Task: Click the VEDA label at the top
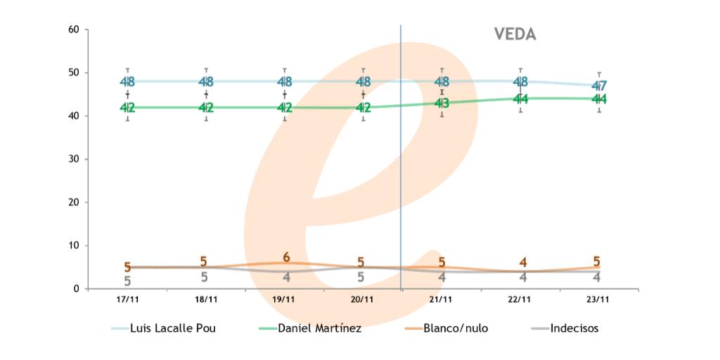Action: pos(515,34)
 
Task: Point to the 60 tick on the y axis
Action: pos(73,30)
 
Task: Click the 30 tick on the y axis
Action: pos(73,159)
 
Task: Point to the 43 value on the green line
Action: pos(442,103)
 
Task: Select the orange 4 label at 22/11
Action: pos(522,262)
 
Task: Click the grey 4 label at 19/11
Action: pos(285,277)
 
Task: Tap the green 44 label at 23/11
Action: pos(599,99)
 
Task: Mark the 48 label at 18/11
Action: pos(206,82)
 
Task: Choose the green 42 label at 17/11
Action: pos(127,108)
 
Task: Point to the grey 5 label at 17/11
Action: pos(127,281)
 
